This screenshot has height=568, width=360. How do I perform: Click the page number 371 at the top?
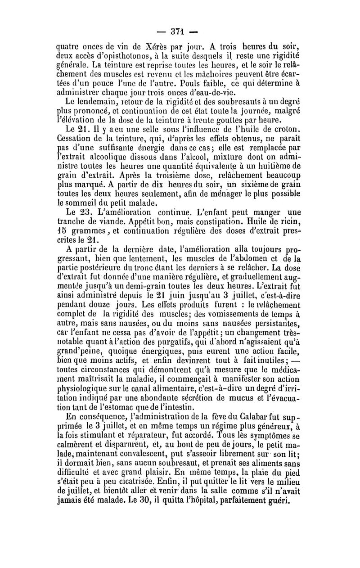(180, 32)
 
